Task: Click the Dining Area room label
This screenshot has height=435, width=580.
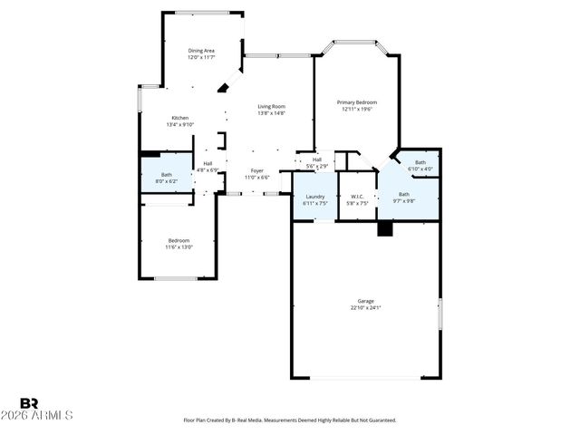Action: (201, 50)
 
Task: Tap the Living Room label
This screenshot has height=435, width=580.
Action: (271, 106)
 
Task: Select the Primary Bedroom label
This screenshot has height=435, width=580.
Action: (357, 102)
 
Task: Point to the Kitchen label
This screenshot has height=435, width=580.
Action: (179, 118)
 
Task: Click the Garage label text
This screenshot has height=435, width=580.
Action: (365, 301)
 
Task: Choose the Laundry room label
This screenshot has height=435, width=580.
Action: (315, 196)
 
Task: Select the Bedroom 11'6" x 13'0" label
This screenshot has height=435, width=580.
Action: (177, 240)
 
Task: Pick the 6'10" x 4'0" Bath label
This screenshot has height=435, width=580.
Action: (420, 162)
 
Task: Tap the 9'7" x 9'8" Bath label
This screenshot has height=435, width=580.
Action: (403, 194)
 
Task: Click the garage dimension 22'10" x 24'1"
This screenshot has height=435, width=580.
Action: (365, 308)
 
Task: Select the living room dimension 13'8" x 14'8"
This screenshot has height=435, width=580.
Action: (271, 113)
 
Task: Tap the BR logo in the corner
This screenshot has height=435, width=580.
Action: (29, 402)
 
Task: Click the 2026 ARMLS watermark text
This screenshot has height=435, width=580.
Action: (45, 415)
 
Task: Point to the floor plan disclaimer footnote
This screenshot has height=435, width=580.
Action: (290, 420)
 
